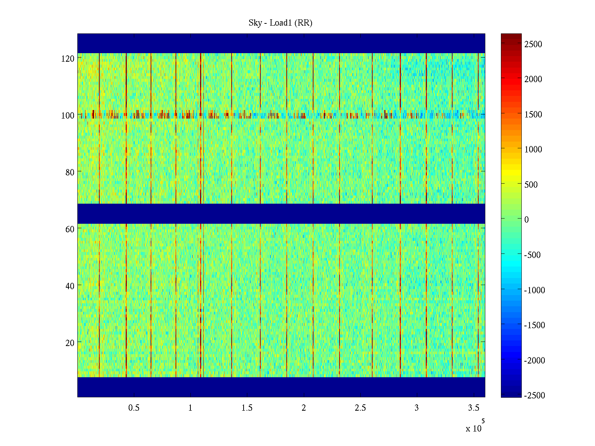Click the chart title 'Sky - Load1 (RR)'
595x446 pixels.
pos(280,23)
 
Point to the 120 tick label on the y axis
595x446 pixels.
pos(68,59)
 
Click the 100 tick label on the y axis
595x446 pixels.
pos(68,116)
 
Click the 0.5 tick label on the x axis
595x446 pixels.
pos(134,408)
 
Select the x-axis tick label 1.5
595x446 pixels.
pos(247,408)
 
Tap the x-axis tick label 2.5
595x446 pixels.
pos(360,408)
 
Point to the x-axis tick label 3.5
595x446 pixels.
pos(473,408)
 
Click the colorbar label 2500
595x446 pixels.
pos(533,44)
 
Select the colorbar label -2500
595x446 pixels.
pos(534,395)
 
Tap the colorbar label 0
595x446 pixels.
pos(527,220)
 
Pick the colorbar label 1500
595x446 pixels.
pos(533,114)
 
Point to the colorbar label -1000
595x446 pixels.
pos(534,290)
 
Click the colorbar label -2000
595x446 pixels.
pos(534,361)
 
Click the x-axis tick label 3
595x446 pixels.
pos(416,408)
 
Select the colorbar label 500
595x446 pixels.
pos(531,185)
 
